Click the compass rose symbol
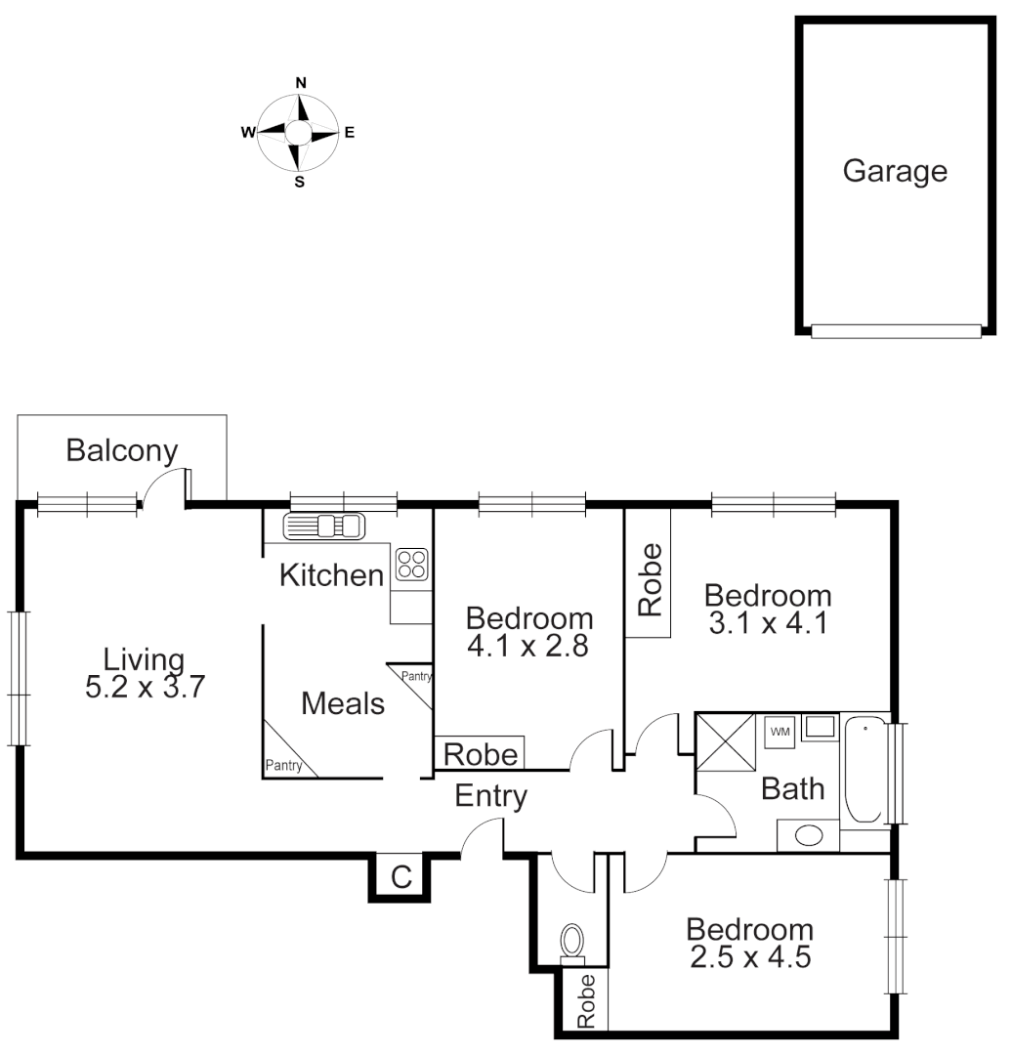300,133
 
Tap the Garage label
895,171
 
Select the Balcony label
122,451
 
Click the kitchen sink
322,527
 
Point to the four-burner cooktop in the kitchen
411,564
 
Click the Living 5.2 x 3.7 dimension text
145,687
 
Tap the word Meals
343,702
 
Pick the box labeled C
401,876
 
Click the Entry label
491,797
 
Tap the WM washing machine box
780,731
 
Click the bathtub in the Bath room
865,772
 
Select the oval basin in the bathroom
807,836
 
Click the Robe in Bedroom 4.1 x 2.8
480,753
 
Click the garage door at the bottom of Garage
896,332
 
